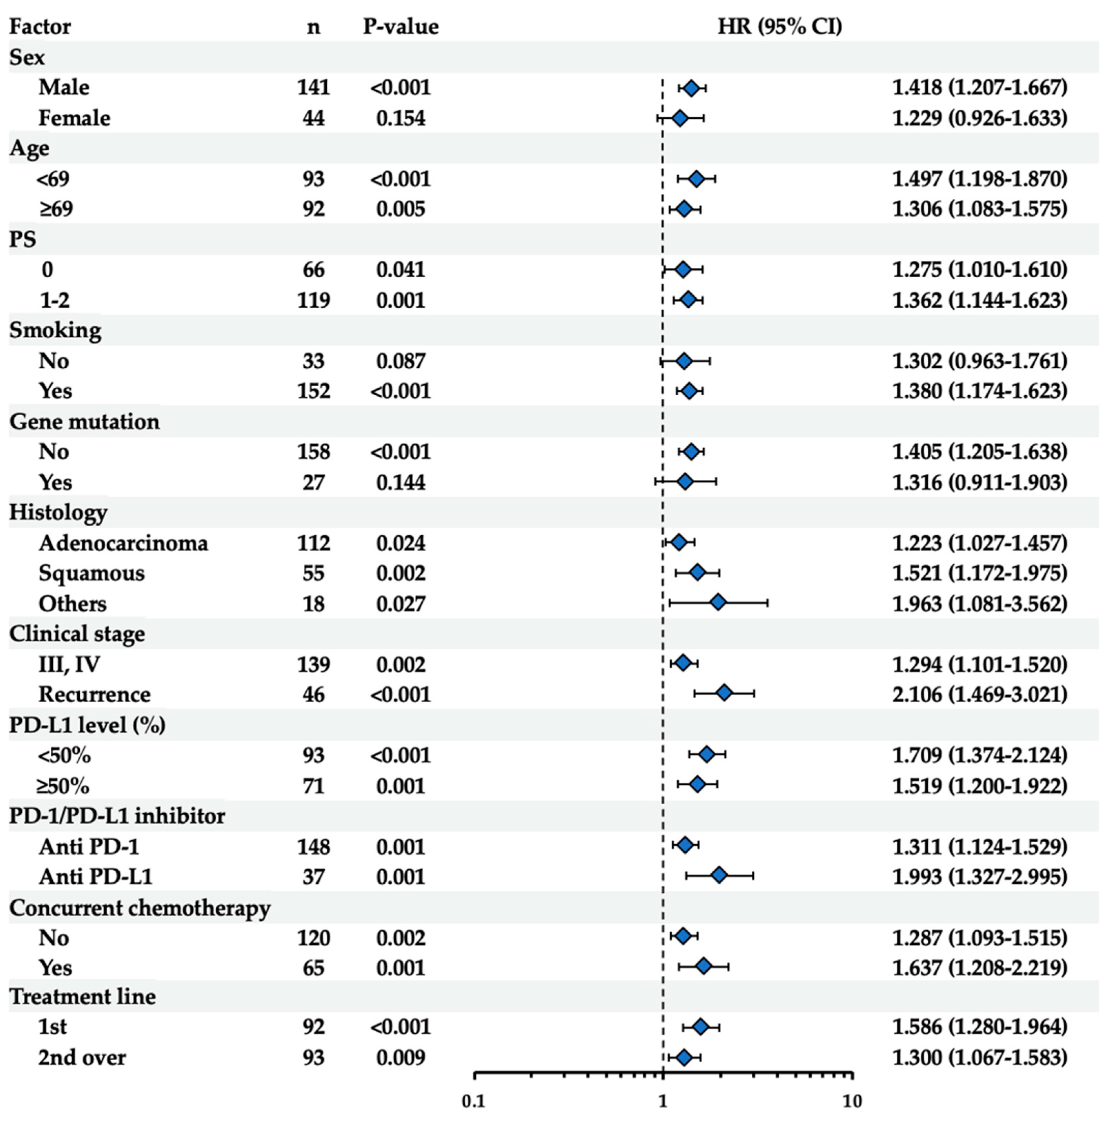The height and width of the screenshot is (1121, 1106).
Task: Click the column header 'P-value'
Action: click(401, 27)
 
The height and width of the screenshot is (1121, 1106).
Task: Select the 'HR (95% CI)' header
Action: click(779, 27)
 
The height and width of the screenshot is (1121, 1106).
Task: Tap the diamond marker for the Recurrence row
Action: click(724, 693)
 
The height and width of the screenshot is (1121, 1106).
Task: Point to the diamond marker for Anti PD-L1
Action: click(719, 875)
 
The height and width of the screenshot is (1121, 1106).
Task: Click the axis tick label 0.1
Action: click(474, 1101)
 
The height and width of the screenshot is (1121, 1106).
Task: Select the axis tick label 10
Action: click(851, 1101)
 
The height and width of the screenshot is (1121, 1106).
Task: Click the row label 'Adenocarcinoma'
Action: click(123, 543)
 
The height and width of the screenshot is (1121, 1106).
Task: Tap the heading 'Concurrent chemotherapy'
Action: click(140, 907)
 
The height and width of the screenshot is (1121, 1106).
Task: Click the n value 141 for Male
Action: click(313, 88)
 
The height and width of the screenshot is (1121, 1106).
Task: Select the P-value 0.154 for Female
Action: click(401, 118)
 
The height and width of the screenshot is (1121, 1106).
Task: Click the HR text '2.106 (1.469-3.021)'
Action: click(979, 694)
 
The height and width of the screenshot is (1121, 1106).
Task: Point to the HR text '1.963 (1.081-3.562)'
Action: click(979, 603)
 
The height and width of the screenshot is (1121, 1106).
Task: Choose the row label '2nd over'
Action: click(82, 1057)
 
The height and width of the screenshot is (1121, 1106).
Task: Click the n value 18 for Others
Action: click(313, 603)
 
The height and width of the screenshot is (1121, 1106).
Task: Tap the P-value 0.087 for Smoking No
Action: click(401, 361)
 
